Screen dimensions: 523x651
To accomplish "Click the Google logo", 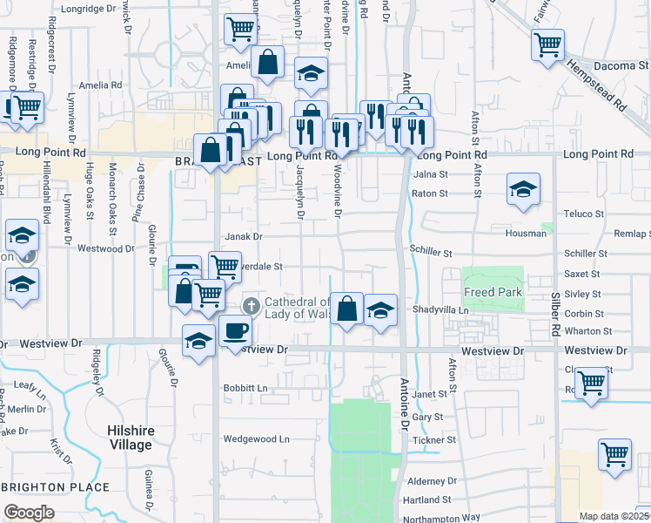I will pyautogui.click(x=29, y=513).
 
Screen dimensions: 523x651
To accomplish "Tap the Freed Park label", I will pyautogui.click(x=493, y=292).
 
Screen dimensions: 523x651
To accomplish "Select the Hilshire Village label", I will pyautogui.click(x=130, y=438).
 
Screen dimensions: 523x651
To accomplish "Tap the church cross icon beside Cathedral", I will pyautogui.click(x=252, y=305).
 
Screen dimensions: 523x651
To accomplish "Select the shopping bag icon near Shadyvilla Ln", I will pyautogui.click(x=346, y=308).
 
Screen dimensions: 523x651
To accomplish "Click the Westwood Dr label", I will pyautogui.click(x=105, y=248).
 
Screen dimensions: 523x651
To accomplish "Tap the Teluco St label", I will pyautogui.click(x=582, y=213).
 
